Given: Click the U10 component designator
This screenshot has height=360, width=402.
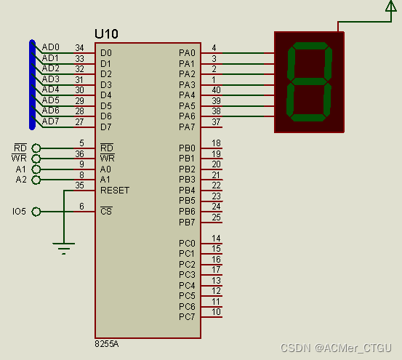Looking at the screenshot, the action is point(106,34).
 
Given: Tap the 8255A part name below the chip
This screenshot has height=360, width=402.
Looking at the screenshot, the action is point(107,344).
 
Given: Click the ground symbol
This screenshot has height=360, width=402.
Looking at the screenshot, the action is point(63,249).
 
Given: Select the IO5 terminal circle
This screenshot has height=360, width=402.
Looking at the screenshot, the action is point(36,212).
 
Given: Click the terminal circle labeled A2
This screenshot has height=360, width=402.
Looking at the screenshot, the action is point(36,180).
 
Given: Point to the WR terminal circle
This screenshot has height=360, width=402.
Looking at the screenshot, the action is point(36,159).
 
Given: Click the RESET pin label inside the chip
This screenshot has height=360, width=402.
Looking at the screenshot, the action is point(115,191).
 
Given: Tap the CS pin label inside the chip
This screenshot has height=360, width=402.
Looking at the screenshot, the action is point(106,211).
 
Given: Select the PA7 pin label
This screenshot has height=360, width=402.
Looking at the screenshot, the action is point(187,127).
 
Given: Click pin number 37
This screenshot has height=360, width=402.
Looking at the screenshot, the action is point(216,122).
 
